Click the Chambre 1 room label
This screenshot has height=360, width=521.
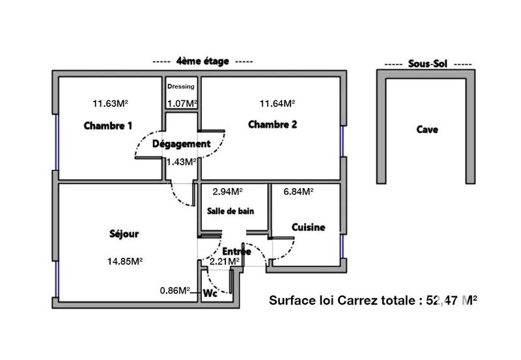coord(108,126)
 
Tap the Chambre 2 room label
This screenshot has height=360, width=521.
coord(273,125)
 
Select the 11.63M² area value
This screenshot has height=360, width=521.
coord(109,103)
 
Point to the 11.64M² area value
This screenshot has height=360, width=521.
coord(277,103)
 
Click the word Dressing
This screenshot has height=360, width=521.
coord(180,87)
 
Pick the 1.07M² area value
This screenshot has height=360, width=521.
coord(182,103)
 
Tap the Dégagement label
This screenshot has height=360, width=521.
coord(181,144)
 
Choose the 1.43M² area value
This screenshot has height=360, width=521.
coord(181,161)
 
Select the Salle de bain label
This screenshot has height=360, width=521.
coord(230,211)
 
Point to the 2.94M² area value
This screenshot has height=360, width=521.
coord(227,191)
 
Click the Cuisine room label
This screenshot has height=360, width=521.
coord(307,227)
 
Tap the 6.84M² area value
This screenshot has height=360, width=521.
coord(298,191)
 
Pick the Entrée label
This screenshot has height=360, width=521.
coord(236,251)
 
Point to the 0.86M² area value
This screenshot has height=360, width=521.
coord(175,291)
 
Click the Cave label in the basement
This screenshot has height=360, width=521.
coord(427,130)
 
